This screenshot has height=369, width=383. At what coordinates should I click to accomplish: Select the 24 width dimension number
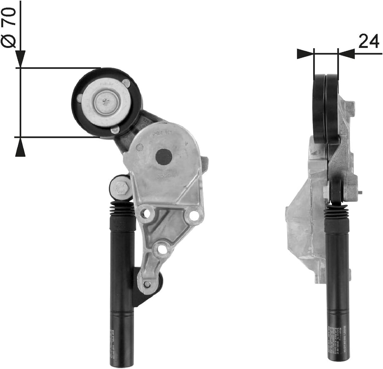pos(369,41)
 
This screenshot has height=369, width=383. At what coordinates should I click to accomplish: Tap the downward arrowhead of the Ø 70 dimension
pos(20,59)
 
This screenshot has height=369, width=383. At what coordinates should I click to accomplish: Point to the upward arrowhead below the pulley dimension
pos(20,147)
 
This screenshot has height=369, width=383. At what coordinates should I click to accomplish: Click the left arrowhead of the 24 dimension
pos(305,54)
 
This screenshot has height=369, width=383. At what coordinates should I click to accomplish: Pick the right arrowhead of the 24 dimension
pos(346,54)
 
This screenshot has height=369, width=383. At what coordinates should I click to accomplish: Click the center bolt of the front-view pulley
pos(106,102)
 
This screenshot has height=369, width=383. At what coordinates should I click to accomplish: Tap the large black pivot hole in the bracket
pos(163,156)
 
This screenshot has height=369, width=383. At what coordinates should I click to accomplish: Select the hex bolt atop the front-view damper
pos(121,187)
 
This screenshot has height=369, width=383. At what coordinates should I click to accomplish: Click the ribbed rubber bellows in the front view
pos(123,209)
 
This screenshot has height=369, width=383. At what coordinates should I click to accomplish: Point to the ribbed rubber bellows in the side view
pos(337,212)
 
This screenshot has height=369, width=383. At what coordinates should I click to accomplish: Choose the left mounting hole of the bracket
pos(145,213)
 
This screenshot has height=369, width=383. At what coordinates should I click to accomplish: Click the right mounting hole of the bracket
pos(194,215)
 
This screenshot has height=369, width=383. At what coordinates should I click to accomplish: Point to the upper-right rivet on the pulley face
pos(126,83)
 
